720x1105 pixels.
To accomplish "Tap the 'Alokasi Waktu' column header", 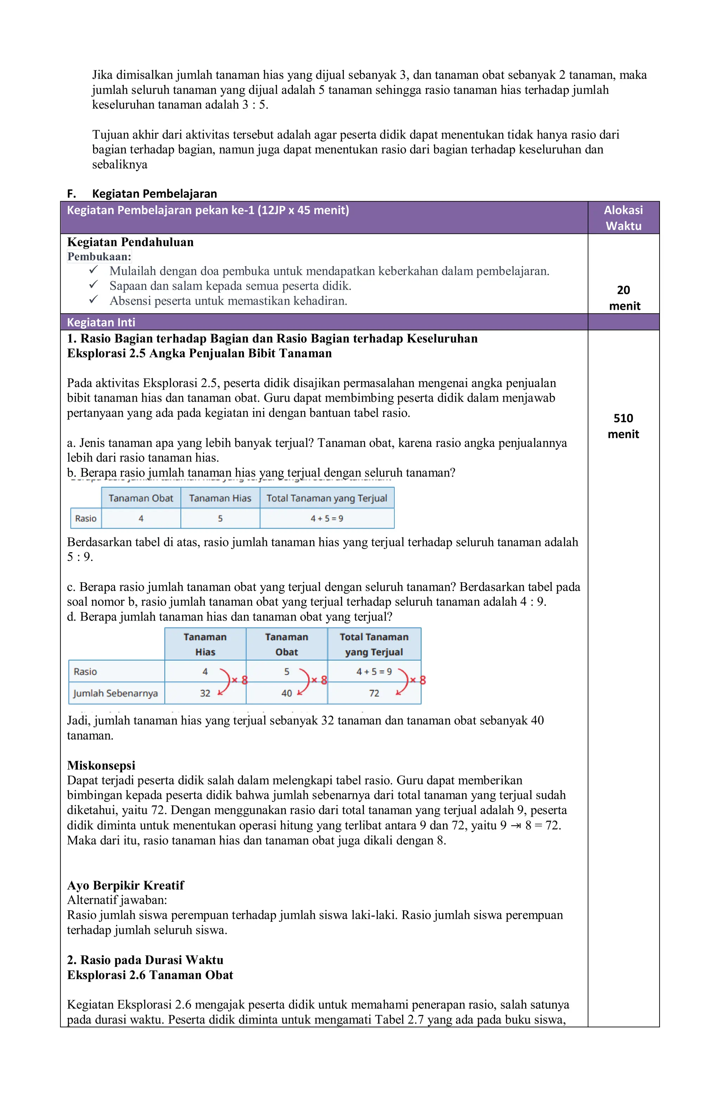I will click(623, 218).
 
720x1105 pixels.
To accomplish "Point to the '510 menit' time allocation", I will click(623, 426).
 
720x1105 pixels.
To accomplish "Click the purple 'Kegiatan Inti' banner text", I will click(101, 322).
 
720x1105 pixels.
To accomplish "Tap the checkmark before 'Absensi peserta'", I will click(94, 300).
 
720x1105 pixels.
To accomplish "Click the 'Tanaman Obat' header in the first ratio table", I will click(141, 498).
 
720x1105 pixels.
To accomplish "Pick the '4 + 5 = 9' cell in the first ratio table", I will click(327, 519).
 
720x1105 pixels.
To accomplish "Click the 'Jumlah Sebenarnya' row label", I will click(116, 693).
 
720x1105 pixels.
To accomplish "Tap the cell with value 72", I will click(374, 693).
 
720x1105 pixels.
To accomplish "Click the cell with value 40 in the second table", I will click(287, 693).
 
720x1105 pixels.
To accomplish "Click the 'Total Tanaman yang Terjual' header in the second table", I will click(374, 644).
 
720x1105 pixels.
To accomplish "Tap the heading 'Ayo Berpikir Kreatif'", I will click(126, 885).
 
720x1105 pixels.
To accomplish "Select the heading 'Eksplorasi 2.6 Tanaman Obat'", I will click(150, 975).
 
